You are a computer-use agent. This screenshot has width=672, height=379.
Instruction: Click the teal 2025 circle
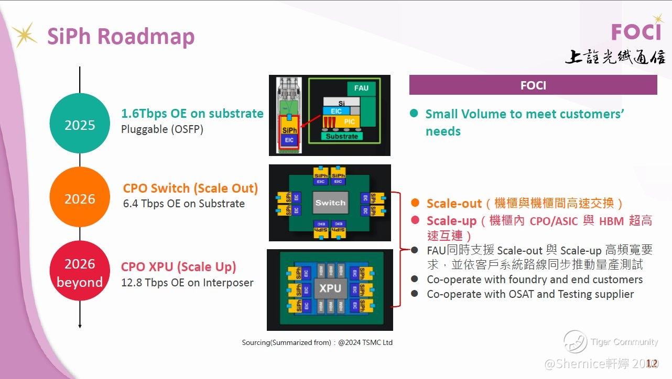(80, 125)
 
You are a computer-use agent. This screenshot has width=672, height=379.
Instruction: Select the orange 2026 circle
(80, 198)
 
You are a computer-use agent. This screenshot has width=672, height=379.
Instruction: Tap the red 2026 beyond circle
(80, 272)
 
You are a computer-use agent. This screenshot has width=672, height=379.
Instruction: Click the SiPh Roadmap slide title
(121, 37)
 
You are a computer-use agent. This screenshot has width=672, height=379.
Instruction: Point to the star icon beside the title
(24, 35)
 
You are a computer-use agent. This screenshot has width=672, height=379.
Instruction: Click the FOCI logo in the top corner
(636, 32)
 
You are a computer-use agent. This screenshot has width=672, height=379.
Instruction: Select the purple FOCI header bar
(533, 85)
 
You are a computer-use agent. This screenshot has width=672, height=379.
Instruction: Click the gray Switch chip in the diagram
(330, 203)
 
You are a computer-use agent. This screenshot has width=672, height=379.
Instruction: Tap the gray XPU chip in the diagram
(330, 288)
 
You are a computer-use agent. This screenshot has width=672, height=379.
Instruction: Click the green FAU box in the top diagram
(361, 88)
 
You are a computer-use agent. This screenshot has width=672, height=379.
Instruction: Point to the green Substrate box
(342, 136)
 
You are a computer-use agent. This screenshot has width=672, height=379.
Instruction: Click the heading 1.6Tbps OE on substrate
(192, 114)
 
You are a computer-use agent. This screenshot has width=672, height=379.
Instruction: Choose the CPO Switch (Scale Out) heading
(190, 188)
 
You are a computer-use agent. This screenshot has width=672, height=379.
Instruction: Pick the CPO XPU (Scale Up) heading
(178, 267)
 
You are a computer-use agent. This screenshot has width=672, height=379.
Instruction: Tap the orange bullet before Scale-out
(415, 203)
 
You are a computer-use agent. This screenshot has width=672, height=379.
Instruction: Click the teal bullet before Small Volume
(414, 114)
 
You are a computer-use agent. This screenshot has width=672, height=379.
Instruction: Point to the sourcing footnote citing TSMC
(317, 342)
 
